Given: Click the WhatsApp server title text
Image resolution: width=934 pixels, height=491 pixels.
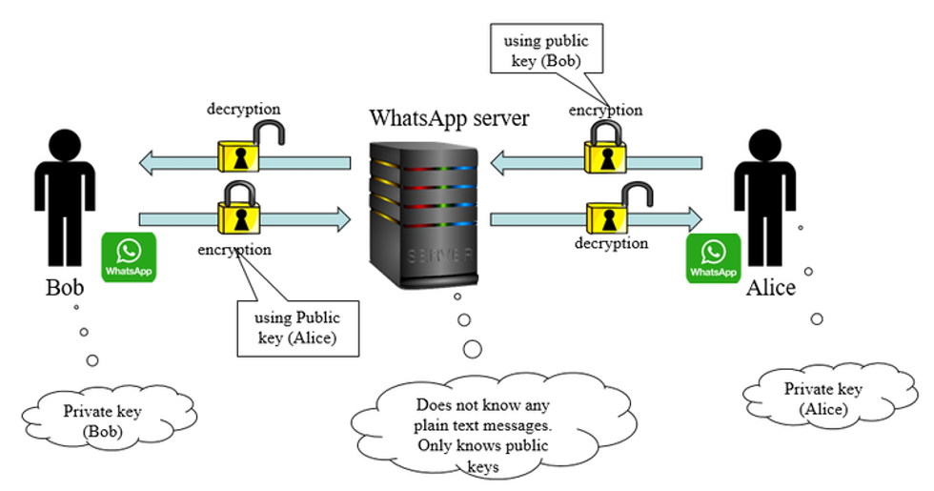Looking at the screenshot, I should pyautogui.click(x=449, y=119).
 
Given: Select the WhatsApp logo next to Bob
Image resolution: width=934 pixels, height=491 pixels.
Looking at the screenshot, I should pyautogui.click(x=129, y=257).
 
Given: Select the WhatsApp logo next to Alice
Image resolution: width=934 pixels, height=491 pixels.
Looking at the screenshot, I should pyautogui.click(x=714, y=258).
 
